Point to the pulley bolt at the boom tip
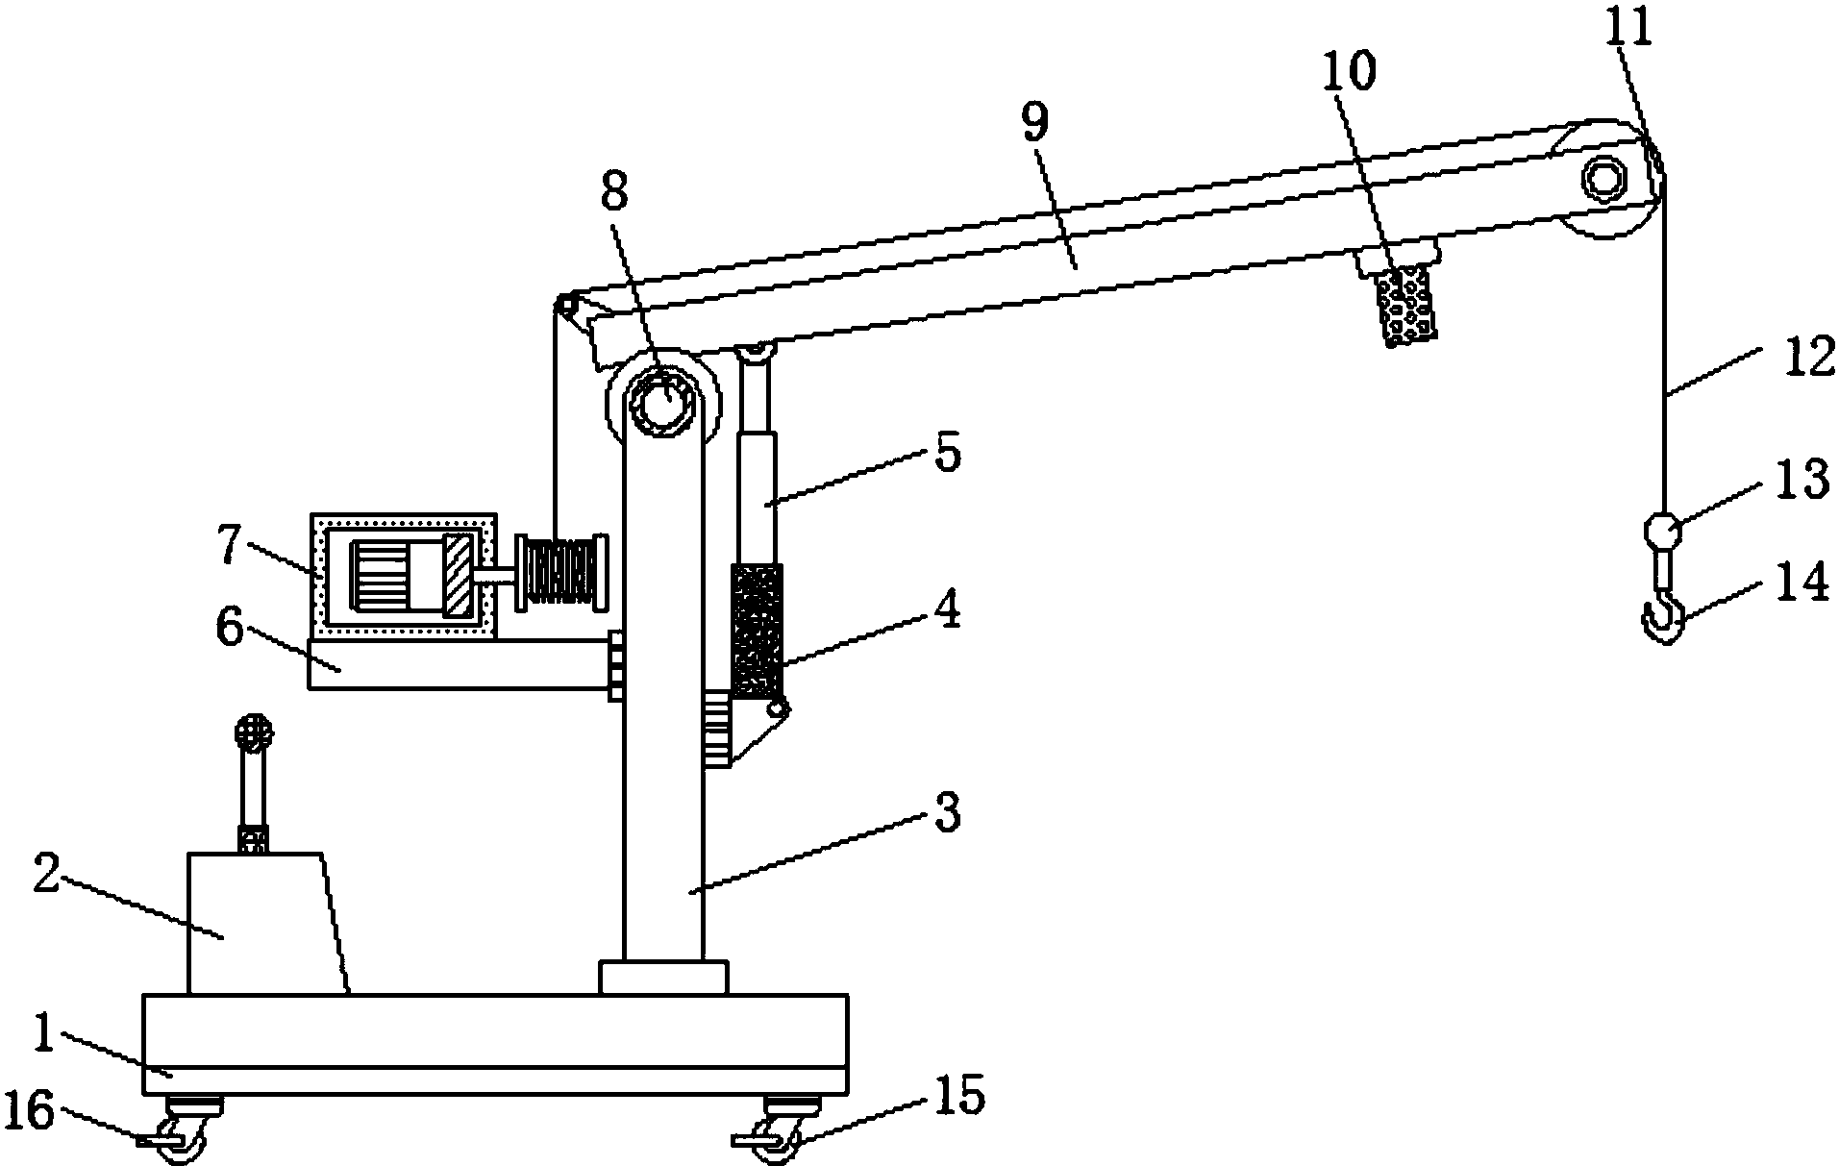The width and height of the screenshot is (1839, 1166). [x=1602, y=179]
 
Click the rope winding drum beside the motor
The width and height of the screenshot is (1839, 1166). [x=563, y=573]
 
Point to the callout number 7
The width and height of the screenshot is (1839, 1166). [x=229, y=545]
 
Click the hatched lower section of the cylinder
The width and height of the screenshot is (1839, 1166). [x=758, y=632]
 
